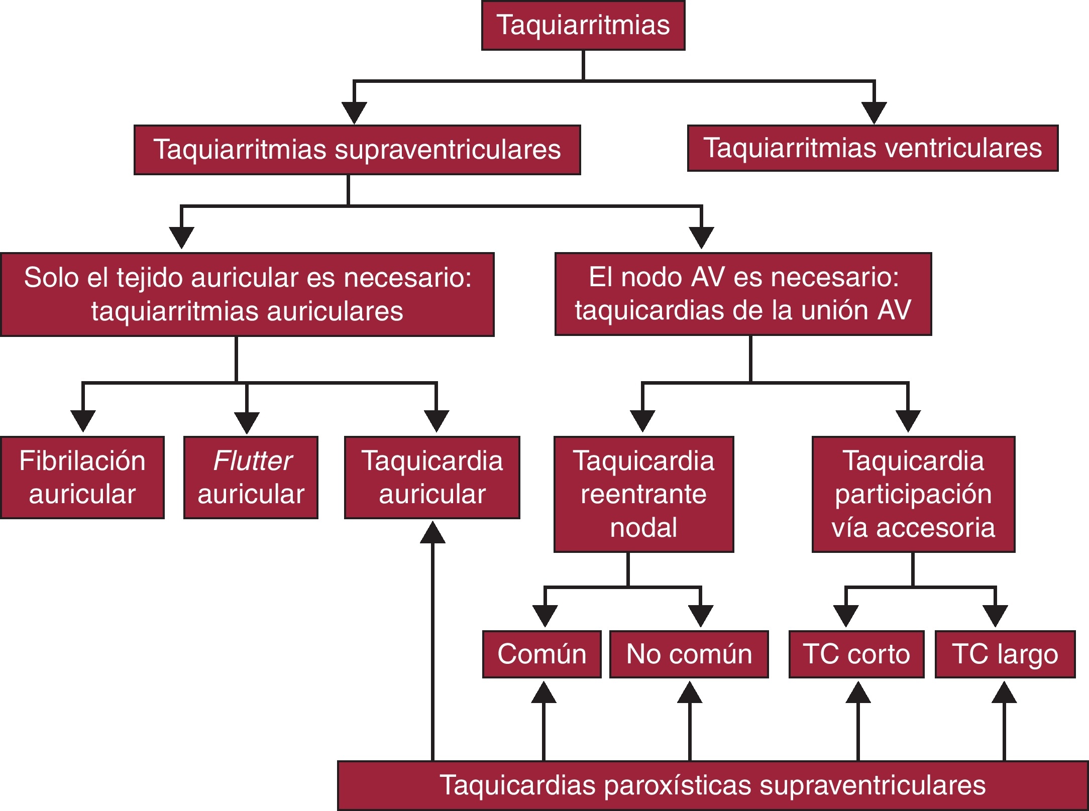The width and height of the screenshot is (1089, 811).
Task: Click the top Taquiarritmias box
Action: pos(583,25)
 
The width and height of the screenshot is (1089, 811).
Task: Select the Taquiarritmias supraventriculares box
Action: pos(357,150)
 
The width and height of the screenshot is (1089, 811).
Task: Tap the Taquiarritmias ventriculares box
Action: pos(873,148)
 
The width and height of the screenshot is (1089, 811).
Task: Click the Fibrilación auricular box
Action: pos(82,477)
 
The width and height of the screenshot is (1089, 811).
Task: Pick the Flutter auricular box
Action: pos(251,477)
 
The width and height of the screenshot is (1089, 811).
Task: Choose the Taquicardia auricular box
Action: pos(432,477)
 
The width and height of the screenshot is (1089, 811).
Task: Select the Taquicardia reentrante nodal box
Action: pos(643,494)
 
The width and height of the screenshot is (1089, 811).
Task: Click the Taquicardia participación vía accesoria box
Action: pos(913,494)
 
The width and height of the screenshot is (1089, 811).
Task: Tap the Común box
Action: pos(541,654)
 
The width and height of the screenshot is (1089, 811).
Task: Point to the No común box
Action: pos(689,654)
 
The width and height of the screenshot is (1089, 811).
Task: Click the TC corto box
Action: pos(856,654)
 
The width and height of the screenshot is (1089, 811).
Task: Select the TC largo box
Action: pos(1005,654)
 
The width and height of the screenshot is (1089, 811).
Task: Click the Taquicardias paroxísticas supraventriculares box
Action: pos(712,785)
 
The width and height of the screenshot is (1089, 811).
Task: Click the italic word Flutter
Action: pos(253,460)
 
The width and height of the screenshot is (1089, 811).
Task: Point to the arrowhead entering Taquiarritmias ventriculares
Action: pos(874,112)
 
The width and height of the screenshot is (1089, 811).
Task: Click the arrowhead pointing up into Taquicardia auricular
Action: pos(432,533)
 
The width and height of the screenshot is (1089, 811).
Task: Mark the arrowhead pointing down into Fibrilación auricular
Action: pos(83,420)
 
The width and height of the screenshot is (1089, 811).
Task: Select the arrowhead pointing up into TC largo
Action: pos(1004,692)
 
